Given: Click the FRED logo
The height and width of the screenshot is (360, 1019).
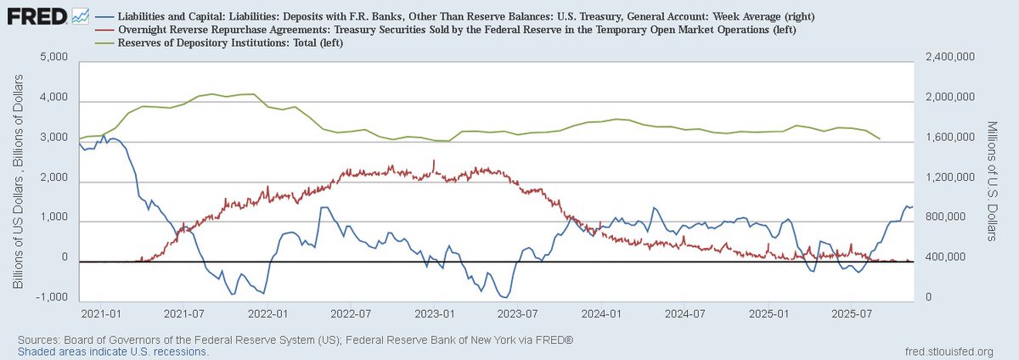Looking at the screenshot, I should pyautogui.click(x=34, y=15).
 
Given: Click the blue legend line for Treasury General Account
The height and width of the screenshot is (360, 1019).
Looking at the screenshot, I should pyautogui.click(x=104, y=15).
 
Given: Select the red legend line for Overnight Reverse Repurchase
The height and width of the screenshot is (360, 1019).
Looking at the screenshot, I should pyautogui.click(x=104, y=29).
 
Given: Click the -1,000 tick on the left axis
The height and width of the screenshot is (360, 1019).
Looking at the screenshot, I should pyautogui.click(x=52, y=298).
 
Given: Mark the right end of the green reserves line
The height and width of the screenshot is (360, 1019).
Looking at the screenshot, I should pyautogui.click(x=880, y=138).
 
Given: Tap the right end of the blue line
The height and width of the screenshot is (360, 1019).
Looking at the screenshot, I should pyautogui.click(x=913, y=206).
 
